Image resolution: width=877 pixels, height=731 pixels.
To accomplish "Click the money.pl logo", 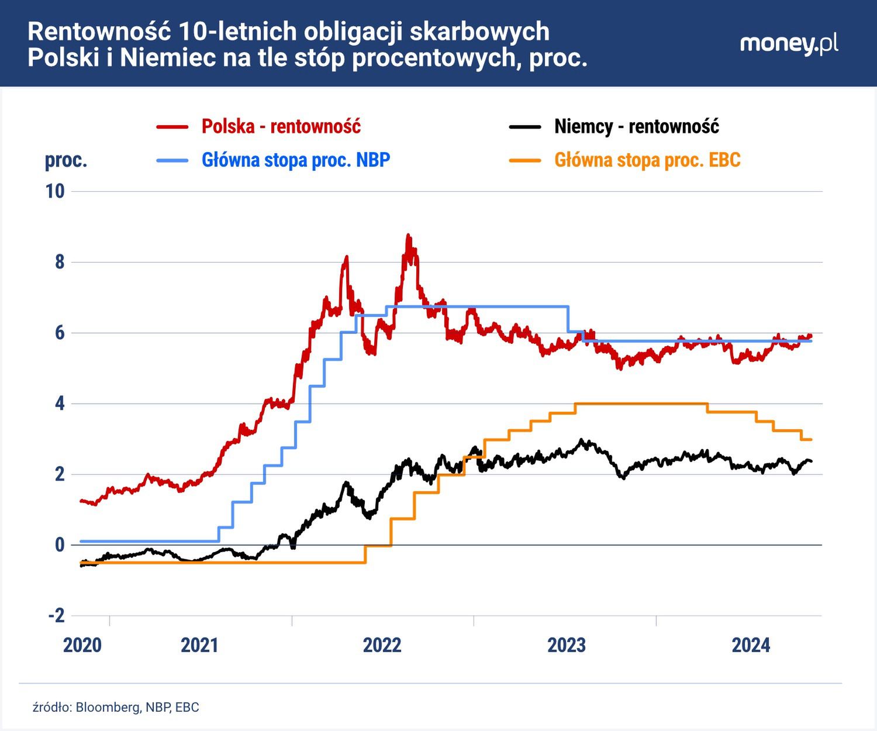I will pyautogui.click(x=789, y=44).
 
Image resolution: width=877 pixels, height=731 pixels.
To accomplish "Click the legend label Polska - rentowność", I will pyautogui.click(x=281, y=126).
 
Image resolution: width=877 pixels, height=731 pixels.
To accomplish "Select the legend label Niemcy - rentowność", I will pyautogui.click(x=636, y=126).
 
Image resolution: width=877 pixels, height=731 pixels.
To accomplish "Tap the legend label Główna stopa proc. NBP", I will pyautogui.click(x=295, y=160).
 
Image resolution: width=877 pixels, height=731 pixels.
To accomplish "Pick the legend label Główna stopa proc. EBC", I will pyautogui.click(x=647, y=160).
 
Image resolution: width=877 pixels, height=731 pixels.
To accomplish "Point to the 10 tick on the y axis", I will pyautogui.click(x=55, y=191).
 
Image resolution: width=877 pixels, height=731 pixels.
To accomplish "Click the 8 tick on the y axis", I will pyautogui.click(x=60, y=262).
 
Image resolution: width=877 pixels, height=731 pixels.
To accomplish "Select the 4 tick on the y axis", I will pyautogui.click(x=60, y=404).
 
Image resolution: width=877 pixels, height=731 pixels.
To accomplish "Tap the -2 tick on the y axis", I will pyautogui.click(x=56, y=615).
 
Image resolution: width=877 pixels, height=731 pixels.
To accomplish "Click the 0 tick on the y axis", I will pyautogui.click(x=60, y=544).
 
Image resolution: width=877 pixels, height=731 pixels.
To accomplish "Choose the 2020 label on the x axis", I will pyautogui.click(x=82, y=645).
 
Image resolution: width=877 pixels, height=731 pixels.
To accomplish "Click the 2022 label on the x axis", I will pyautogui.click(x=382, y=645).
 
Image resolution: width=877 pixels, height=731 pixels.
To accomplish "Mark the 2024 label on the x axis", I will pyautogui.click(x=751, y=645).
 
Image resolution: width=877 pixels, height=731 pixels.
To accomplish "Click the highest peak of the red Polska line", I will pyautogui.click(x=408, y=236).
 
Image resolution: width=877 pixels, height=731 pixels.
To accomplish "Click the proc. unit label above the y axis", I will pyautogui.click(x=66, y=160).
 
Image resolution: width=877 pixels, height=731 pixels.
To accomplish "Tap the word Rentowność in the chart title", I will pyautogui.click(x=98, y=32).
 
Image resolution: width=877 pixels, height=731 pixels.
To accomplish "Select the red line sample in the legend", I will pyautogui.click(x=172, y=126).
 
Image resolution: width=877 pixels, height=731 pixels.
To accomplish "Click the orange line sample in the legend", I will pyautogui.click(x=524, y=160).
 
